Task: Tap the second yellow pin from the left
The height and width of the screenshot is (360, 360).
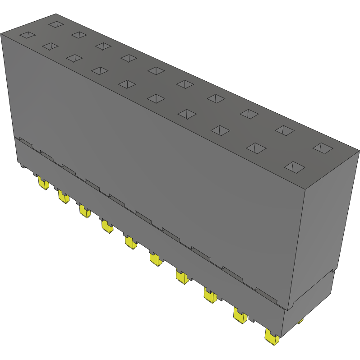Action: tap(62, 197)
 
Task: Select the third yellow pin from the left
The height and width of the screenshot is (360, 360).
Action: tap(84, 211)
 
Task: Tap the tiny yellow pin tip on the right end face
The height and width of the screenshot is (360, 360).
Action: tap(300, 321)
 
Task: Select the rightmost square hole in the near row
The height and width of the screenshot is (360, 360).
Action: tap(295, 167)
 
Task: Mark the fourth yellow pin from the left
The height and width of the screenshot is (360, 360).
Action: tap(107, 226)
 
